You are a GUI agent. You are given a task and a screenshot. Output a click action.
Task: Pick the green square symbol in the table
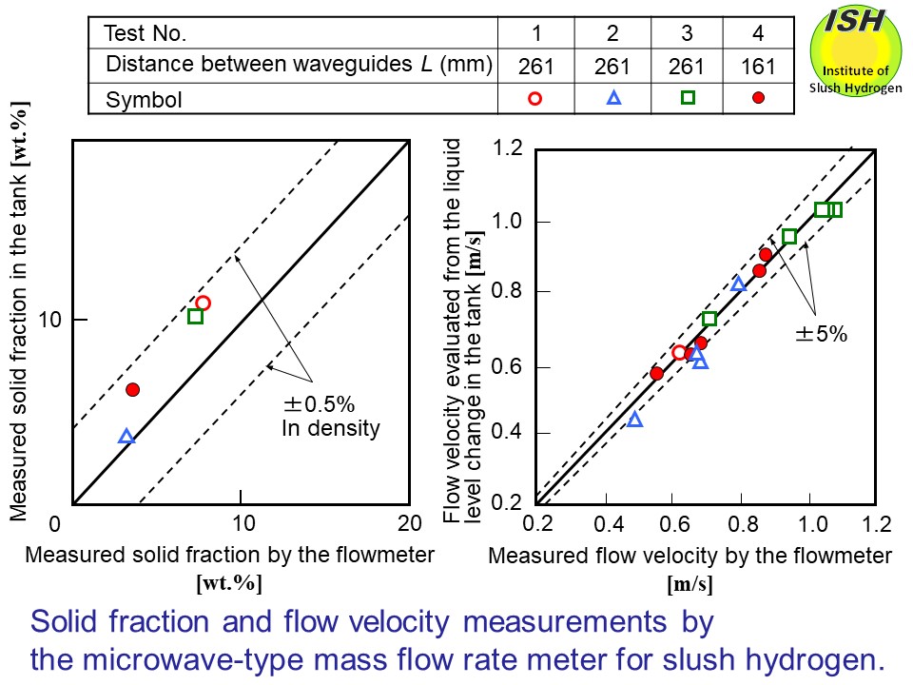coord(688,97)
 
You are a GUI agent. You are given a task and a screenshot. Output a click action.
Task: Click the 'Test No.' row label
coord(146,34)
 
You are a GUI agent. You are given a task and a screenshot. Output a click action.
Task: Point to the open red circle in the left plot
coord(203,303)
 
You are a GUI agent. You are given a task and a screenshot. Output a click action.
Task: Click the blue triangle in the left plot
coord(126,437)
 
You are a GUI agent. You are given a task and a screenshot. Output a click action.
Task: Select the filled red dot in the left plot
coord(133,389)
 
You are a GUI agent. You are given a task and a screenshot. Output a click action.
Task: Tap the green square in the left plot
coord(195,316)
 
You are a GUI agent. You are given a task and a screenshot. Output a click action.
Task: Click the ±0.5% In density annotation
coord(329,417)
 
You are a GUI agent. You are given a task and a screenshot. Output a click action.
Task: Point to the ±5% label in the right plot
coord(821,333)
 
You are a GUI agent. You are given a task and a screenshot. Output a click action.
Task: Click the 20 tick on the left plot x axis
coord(409,522)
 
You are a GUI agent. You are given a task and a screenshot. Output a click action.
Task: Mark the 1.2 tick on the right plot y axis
coord(513,148)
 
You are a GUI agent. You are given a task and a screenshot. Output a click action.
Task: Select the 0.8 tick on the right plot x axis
coord(741,522)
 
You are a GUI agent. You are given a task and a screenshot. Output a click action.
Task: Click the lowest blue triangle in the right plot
coord(635,420)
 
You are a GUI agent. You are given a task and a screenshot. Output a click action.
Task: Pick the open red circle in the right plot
coord(679,353)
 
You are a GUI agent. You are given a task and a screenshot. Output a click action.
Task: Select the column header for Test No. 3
coord(688,34)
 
